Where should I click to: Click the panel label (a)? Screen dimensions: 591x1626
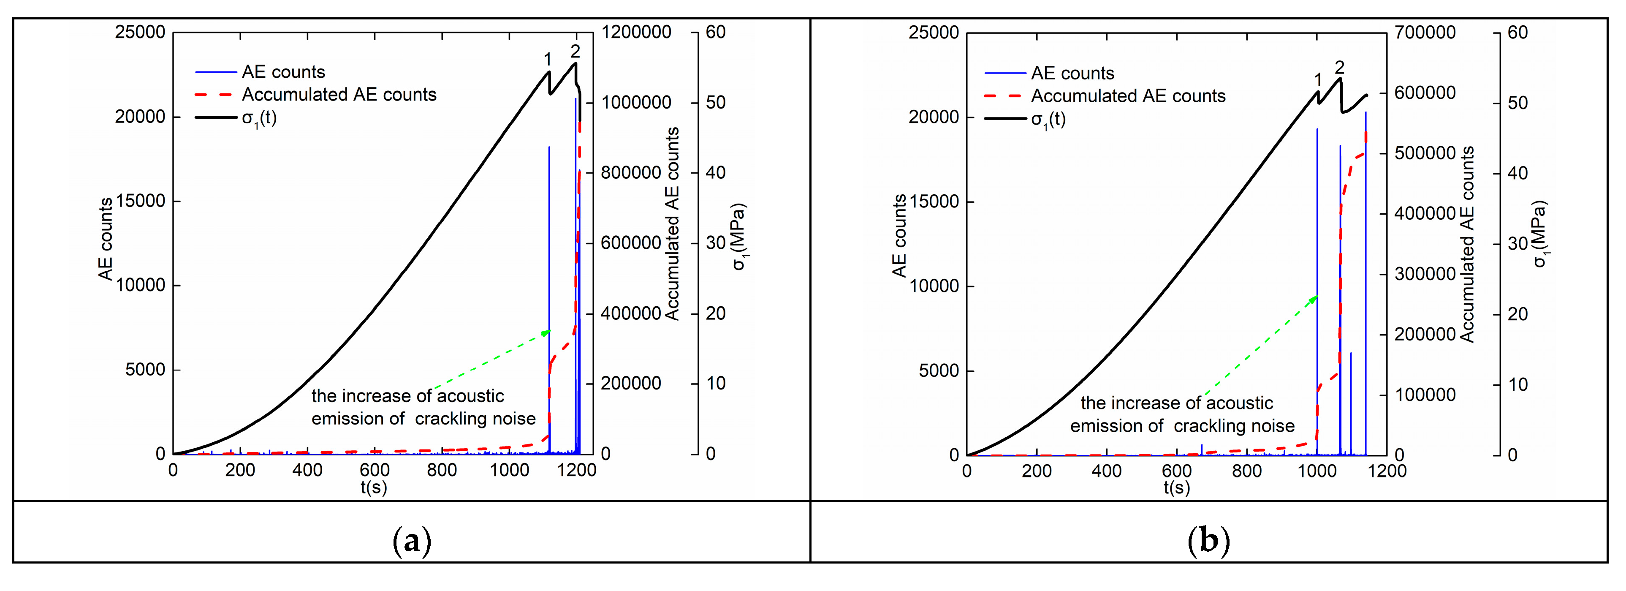[x=412, y=541]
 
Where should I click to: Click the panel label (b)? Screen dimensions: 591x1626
[x=1208, y=541]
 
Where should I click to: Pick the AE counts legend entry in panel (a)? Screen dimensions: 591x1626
[x=283, y=72]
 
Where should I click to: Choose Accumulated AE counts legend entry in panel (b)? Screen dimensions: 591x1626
[x=1128, y=96]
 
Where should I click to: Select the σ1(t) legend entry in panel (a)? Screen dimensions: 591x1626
[x=259, y=118]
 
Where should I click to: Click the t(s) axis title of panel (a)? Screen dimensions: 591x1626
[x=374, y=488]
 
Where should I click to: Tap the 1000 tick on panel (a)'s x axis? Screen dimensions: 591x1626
[x=509, y=471]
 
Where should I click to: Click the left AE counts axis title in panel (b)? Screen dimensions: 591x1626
[x=899, y=236]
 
